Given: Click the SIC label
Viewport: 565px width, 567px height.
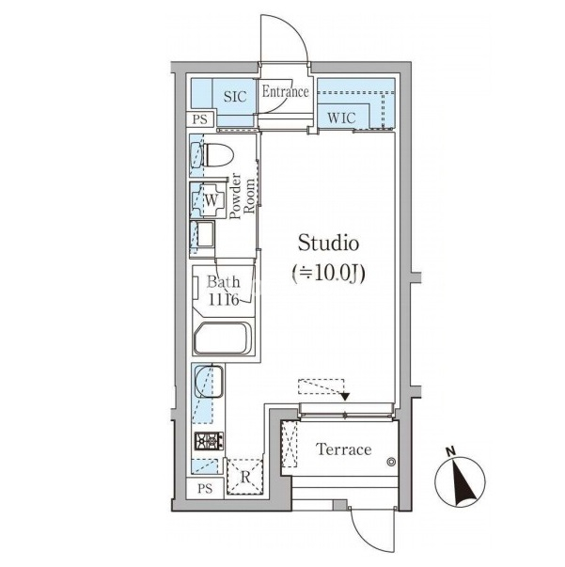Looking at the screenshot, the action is tap(235, 97).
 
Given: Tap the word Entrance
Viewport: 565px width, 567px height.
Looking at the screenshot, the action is tap(285, 92).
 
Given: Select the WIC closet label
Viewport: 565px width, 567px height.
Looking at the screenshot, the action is tap(341, 118).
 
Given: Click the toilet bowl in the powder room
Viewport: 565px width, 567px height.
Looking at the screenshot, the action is tap(218, 155).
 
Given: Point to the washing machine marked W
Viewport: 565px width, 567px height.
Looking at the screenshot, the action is tap(212, 200).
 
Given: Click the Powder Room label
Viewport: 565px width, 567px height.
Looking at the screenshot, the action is tap(242, 197).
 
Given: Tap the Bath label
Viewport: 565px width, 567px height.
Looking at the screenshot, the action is tap(224, 282).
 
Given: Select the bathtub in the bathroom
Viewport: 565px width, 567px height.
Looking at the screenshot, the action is tap(223, 339).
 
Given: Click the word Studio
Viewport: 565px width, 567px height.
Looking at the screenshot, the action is tap(329, 243).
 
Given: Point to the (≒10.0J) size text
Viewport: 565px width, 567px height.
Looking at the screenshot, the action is tap(329, 273).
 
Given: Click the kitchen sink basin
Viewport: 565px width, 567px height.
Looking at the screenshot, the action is tap(209, 382).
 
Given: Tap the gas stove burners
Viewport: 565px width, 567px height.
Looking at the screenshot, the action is tap(209, 441).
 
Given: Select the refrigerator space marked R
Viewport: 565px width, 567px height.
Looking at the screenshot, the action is tap(244, 476).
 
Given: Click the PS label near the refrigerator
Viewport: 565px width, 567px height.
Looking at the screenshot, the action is tap(205, 489).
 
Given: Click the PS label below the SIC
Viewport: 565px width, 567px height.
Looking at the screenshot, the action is tap(200, 119).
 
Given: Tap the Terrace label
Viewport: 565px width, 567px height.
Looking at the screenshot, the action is tap(343, 449).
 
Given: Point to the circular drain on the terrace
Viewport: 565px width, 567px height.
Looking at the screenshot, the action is tap(391, 462).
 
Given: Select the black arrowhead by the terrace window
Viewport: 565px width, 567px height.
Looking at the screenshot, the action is tap(345, 397).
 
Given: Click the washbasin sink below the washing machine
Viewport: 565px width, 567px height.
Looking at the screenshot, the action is tap(203, 234).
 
